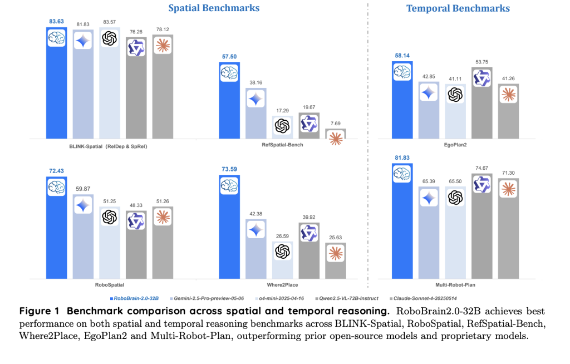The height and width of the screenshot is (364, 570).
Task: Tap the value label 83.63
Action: [x=56, y=21]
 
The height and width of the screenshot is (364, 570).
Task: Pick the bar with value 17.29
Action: [x=282, y=127]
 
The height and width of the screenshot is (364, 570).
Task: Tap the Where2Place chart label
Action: [x=282, y=283]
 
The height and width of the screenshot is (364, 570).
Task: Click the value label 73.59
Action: [x=229, y=168]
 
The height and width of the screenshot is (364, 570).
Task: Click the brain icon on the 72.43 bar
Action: [x=56, y=188]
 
